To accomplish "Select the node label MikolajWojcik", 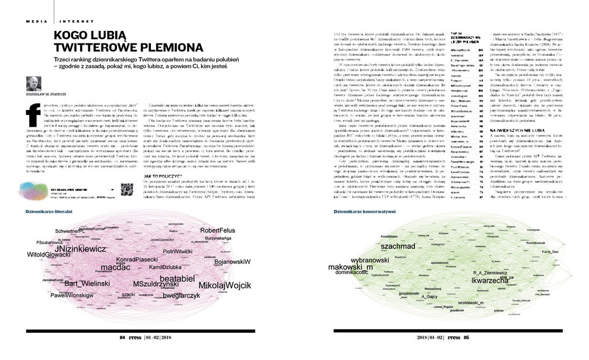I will click(224, 285).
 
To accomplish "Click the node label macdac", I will click(107, 269).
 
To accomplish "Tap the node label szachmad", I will click(397, 245).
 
